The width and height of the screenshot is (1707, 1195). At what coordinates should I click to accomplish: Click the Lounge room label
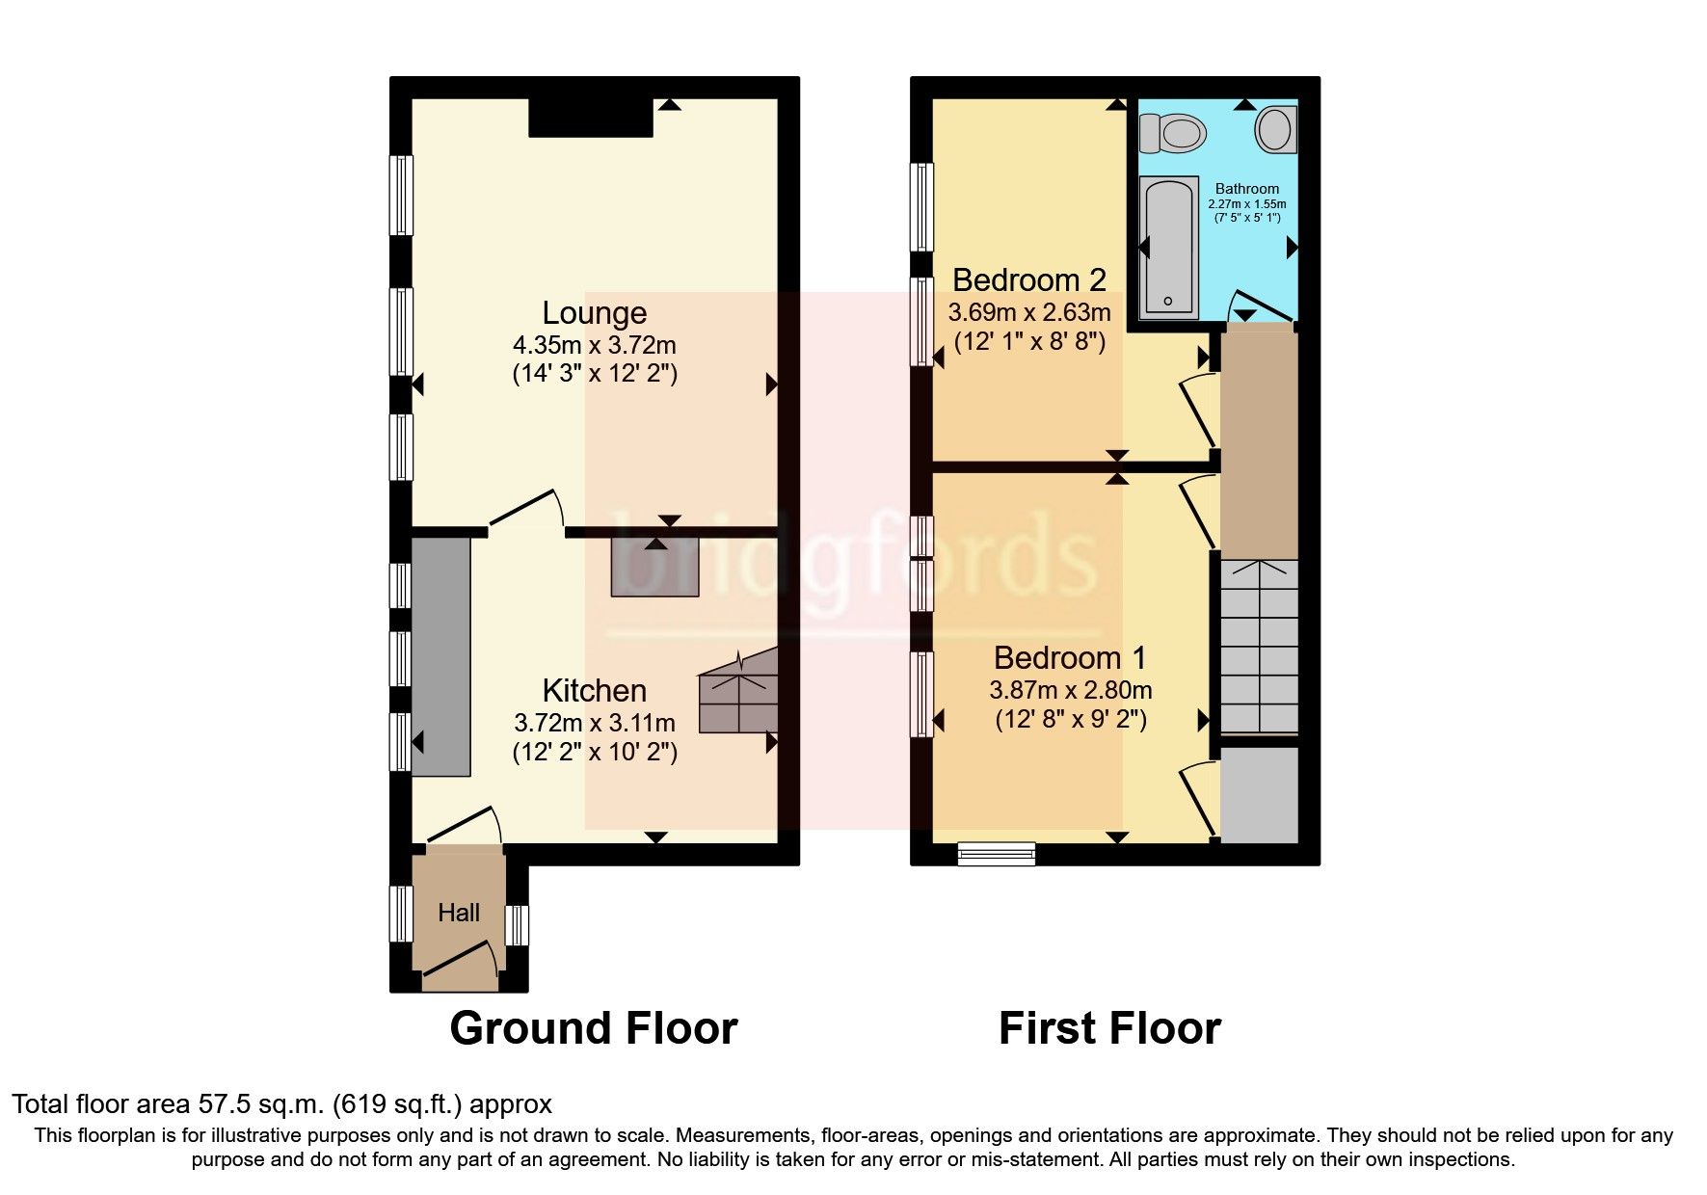[594, 313]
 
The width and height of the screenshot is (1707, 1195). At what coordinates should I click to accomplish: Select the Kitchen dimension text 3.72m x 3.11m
[594, 722]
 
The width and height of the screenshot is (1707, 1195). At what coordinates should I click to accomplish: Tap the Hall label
[459, 913]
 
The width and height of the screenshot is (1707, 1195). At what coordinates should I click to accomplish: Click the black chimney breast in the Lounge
[590, 118]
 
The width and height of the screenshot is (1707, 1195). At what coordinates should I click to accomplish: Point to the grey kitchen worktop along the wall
[441, 656]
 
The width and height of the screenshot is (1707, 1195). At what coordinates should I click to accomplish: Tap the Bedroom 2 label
[1028, 280]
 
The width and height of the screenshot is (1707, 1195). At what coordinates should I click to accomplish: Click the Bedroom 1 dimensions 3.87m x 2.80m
[1070, 690]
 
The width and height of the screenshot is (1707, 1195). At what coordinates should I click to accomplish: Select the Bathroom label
[1246, 189]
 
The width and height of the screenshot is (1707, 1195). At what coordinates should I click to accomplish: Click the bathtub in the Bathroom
[1168, 248]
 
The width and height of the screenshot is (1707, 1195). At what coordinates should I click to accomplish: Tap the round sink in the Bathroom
[1275, 128]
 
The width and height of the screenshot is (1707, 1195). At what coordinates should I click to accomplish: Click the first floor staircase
[1259, 648]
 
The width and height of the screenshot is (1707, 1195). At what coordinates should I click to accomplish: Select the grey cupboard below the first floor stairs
[1259, 793]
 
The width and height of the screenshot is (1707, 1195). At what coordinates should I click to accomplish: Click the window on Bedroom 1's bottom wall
[997, 853]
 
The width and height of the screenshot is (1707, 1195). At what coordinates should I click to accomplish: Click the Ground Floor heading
[594, 1028]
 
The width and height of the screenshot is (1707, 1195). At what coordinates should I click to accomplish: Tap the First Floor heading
[1109, 1028]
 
